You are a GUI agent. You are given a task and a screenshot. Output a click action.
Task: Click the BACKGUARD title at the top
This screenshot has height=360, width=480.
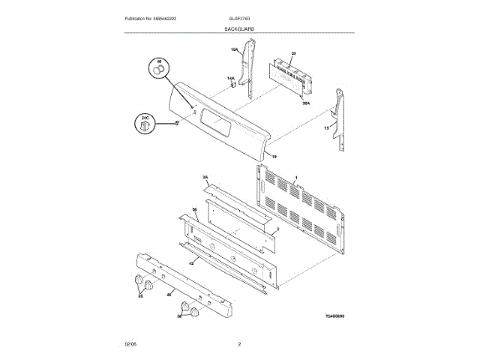(x=239, y=28)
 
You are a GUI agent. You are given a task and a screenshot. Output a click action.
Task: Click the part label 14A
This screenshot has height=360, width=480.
(x=231, y=78)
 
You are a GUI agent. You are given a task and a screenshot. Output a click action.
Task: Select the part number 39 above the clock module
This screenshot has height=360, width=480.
(x=293, y=53)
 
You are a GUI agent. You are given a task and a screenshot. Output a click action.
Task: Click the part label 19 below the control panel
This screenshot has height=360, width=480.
(x=274, y=157)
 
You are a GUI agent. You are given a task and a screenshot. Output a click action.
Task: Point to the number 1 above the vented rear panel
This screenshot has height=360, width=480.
(x=296, y=178)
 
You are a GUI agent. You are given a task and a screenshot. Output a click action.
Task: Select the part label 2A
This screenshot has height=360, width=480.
(x=205, y=178)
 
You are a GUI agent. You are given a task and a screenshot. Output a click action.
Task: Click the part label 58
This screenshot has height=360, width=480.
(x=194, y=209)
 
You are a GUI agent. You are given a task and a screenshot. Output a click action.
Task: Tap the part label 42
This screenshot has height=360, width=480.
(x=191, y=263)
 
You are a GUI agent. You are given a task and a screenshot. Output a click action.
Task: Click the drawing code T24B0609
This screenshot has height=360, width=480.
(x=334, y=316)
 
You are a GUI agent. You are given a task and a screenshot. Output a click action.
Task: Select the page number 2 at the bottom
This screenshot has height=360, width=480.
(x=239, y=343)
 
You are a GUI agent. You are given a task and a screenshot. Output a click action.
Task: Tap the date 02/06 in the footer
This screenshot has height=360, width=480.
(x=130, y=343)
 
